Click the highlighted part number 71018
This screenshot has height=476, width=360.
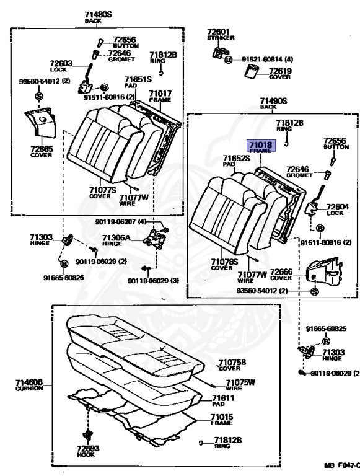[x=260, y=144]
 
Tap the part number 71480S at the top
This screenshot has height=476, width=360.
[x=98, y=14]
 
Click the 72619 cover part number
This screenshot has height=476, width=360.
[x=280, y=71]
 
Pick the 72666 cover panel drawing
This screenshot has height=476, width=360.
[x=324, y=271]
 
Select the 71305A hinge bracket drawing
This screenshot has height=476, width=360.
[x=155, y=238]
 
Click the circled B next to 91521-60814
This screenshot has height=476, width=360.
[x=228, y=59]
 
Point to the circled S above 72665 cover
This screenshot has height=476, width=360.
[x=39, y=96]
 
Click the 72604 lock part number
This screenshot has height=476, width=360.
[x=338, y=207]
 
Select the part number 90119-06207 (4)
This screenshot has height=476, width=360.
[x=121, y=222]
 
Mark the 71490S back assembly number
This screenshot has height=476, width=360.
[x=273, y=100]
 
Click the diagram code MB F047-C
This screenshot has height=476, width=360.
[x=342, y=465]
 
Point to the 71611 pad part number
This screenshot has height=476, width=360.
[x=223, y=398]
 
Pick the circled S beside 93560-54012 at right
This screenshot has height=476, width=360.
[x=315, y=292]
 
